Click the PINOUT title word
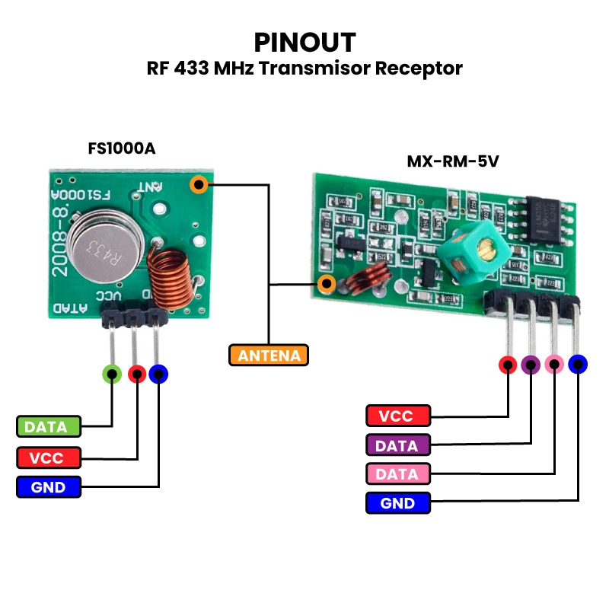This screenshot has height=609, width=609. [x=304, y=41]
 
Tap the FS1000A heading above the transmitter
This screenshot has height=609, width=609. [x=122, y=148]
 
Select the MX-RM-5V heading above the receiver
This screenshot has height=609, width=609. [x=453, y=162]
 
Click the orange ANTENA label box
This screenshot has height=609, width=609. [x=269, y=355]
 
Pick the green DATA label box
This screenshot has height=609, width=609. [x=48, y=427]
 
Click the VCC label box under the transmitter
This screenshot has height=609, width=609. [x=48, y=458]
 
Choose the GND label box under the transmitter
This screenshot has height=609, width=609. [x=48, y=487]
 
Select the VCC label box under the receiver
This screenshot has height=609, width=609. [x=397, y=416]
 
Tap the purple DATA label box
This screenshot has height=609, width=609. [x=397, y=445]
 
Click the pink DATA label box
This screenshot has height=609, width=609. [x=397, y=474]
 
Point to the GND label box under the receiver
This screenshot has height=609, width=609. [x=397, y=503]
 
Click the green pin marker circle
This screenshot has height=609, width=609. [x=112, y=374]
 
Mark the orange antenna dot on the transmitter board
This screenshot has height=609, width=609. [x=199, y=184]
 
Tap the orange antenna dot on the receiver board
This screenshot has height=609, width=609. [x=328, y=285]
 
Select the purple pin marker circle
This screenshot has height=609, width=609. [x=531, y=365]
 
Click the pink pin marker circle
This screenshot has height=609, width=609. [x=554, y=365]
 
